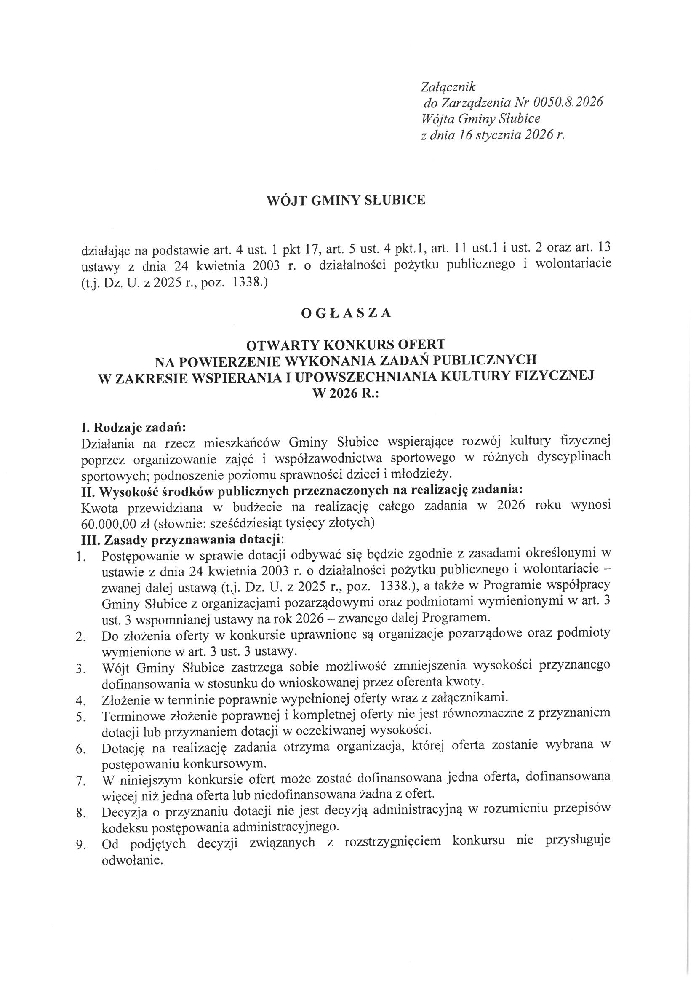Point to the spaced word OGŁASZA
click(346, 313)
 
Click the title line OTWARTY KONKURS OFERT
click(346, 344)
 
